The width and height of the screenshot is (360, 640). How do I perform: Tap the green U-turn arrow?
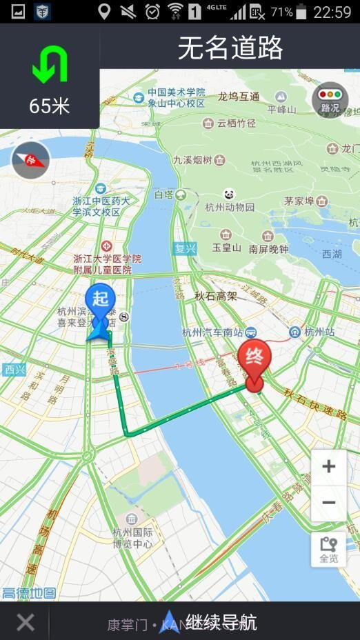pos(50,66)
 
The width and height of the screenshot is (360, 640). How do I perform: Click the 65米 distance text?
pos(50,106)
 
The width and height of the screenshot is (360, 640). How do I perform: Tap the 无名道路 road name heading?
pos(230,48)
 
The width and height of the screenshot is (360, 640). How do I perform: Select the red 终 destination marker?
pos(254,360)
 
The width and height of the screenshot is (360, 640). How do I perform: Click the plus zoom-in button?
pos(328,466)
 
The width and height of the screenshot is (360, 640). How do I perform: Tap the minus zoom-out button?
pos(328,502)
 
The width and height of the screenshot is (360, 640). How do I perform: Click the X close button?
pos(26,623)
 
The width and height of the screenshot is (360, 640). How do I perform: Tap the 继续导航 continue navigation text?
pos(221,623)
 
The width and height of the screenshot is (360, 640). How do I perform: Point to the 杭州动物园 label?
pos(230,207)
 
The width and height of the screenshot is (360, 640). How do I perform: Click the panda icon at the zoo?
pos(229,194)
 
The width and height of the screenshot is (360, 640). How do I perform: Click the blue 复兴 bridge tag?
pos(185,248)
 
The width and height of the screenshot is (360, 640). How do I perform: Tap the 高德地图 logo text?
pos(29,592)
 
